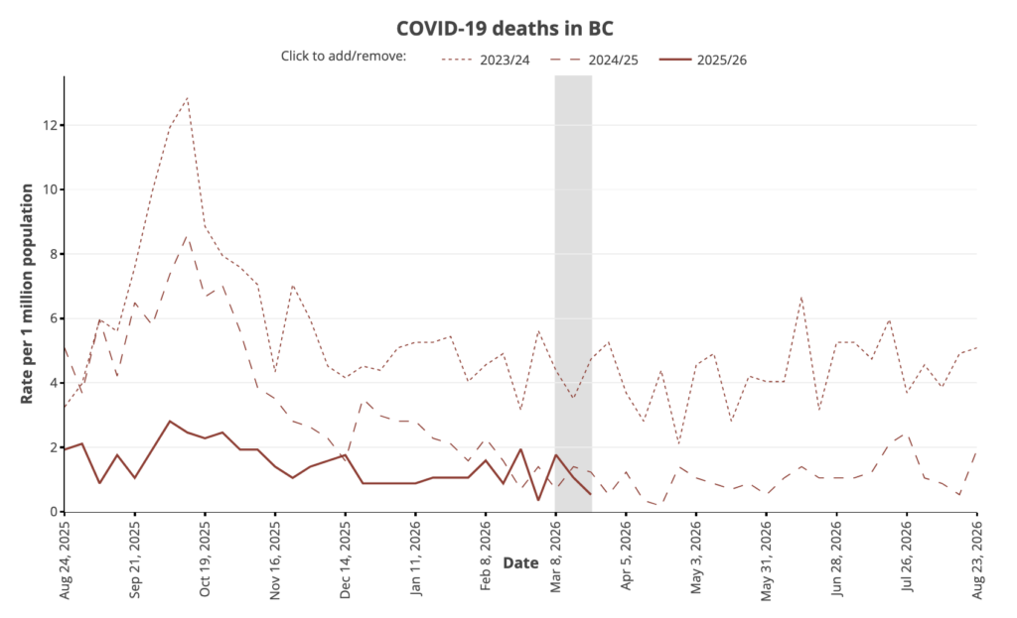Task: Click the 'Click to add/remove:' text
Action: (x=344, y=57)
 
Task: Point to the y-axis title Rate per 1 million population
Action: (x=28, y=294)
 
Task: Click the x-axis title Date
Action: (x=519, y=563)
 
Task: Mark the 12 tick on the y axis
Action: (x=48, y=125)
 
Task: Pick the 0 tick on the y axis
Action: (x=51, y=512)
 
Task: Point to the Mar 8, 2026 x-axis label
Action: (x=556, y=558)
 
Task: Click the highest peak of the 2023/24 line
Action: (x=187, y=98)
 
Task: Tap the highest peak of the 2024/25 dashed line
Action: (x=187, y=237)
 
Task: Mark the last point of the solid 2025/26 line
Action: (x=591, y=494)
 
